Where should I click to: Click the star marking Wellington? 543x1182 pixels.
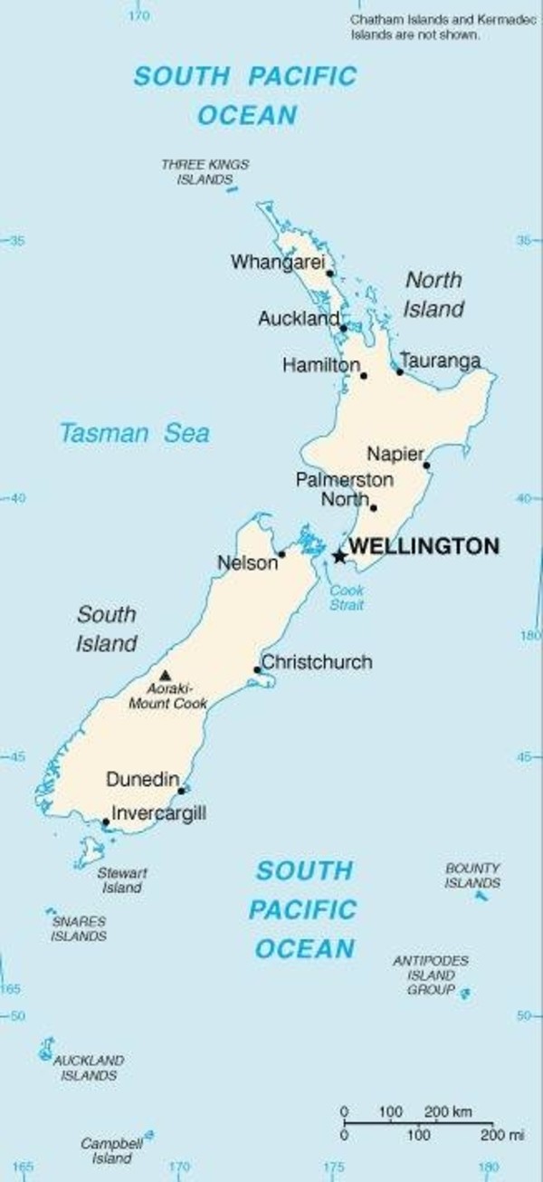click(x=339, y=556)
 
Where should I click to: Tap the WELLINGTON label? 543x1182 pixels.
click(x=424, y=546)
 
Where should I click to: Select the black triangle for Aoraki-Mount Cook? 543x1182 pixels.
click(x=165, y=675)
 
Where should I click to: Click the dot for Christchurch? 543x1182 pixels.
click(x=257, y=670)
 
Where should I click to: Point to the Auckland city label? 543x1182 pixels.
click(x=299, y=319)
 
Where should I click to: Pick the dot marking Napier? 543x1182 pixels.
click(x=426, y=466)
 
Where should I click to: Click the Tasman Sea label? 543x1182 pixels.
click(x=134, y=433)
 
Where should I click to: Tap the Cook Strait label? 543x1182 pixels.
click(x=346, y=598)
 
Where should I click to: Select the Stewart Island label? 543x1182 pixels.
click(x=122, y=880)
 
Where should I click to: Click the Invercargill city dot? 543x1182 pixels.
click(x=106, y=822)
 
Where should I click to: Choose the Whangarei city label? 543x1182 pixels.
click(x=277, y=263)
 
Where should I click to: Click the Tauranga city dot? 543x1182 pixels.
click(x=399, y=371)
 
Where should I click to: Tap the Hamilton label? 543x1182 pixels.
click(x=320, y=365)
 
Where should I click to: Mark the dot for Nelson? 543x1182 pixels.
click(x=281, y=554)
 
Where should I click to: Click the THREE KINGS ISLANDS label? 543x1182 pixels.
click(x=205, y=172)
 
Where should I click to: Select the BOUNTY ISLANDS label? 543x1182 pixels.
click(x=472, y=875)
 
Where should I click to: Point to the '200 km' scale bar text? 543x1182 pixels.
click(x=447, y=1111)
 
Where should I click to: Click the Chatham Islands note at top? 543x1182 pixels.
click(x=415, y=27)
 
